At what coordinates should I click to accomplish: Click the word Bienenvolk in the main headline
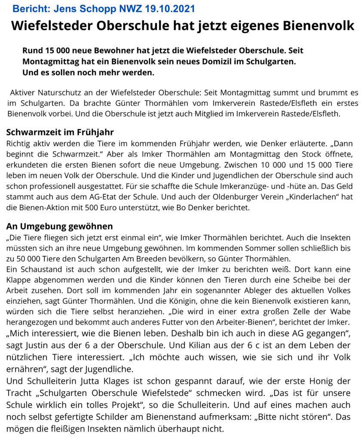tap(318, 26)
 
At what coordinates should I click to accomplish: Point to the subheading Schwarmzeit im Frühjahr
tap(60, 131)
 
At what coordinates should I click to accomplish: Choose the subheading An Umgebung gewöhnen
tap(59, 226)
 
